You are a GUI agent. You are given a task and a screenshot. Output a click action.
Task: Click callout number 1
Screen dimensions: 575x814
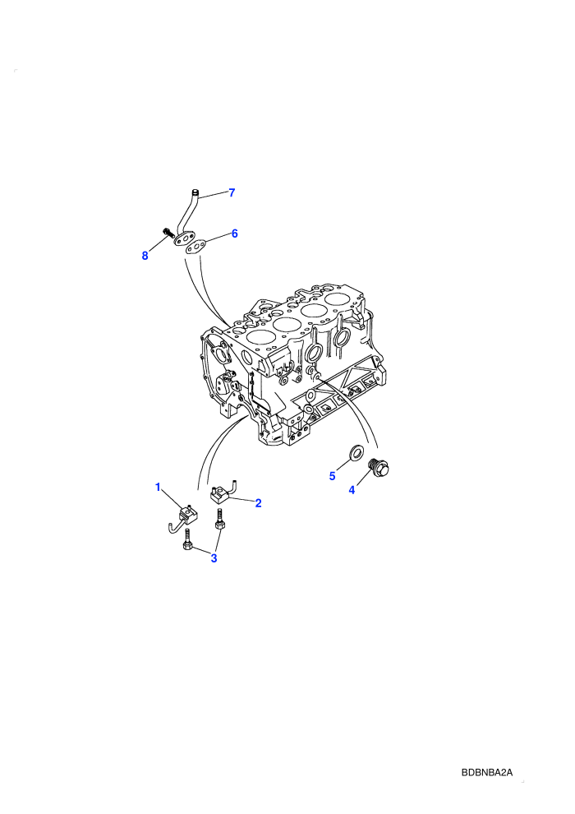coord(159,487)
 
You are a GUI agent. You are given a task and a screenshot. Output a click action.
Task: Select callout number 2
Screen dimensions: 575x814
coord(258,503)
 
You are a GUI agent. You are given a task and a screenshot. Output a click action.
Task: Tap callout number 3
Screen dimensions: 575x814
coord(214,558)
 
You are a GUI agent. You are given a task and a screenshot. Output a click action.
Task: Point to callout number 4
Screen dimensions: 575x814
coord(352,489)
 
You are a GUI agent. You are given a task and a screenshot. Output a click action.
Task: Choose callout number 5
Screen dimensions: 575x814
coord(333,476)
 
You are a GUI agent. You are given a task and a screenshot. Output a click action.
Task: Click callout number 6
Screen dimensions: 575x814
coord(234,234)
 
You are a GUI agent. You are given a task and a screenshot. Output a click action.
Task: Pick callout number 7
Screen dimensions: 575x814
coord(232,192)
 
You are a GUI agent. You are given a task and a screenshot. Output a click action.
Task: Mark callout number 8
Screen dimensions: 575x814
coord(145,256)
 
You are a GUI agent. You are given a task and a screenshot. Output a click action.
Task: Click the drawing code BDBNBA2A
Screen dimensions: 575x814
coord(487,772)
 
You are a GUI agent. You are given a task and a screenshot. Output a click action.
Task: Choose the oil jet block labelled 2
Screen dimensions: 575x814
coord(222,491)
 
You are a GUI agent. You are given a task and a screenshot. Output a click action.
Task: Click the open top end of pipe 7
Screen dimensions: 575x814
coord(195,192)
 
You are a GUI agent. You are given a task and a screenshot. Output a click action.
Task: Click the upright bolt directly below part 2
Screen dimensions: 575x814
coord(219,520)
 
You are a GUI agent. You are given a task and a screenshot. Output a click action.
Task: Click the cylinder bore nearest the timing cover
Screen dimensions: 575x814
coord(260,336)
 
